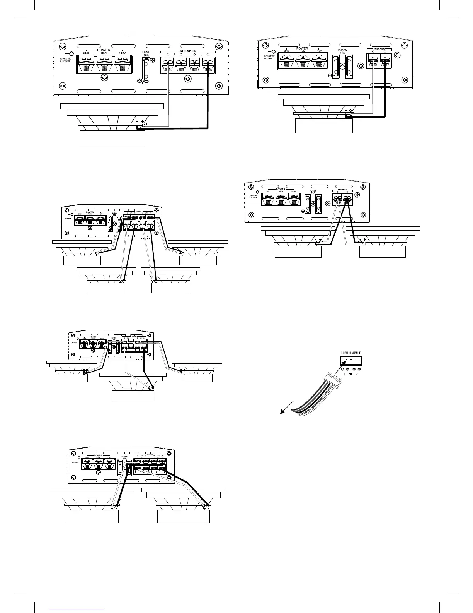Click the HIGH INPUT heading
pyautogui.click(x=351, y=353)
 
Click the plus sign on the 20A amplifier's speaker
pyautogui.click(x=144, y=121)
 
